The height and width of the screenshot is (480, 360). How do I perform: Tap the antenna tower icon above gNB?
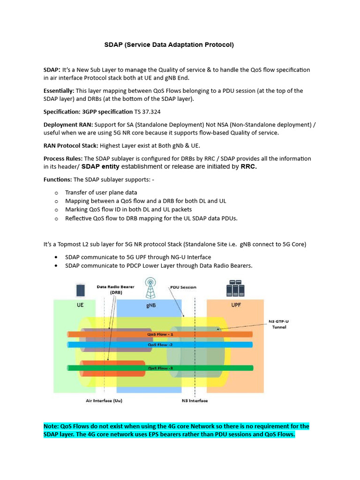click(x=151, y=288)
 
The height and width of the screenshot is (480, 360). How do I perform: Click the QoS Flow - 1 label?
click(x=160, y=334)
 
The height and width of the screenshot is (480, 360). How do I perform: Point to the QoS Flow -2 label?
click(x=160, y=345)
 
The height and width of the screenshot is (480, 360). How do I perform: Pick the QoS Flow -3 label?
click(x=160, y=368)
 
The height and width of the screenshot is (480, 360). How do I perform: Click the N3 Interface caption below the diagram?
click(x=195, y=401)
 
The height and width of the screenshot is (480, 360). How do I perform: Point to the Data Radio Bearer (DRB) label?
click(x=115, y=289)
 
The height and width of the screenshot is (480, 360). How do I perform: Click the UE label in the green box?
click(x=81, y=304)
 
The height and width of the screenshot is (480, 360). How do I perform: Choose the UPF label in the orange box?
click(x=236, y=304)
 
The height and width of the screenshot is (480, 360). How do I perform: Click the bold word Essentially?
click(x=59, y=90)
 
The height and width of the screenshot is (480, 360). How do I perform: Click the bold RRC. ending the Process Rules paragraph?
click(x=249, y=166)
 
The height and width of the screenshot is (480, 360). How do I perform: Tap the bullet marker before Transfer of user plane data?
click(x=56, y=193)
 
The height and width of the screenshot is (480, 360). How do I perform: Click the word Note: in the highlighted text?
click(x=52, y=426)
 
